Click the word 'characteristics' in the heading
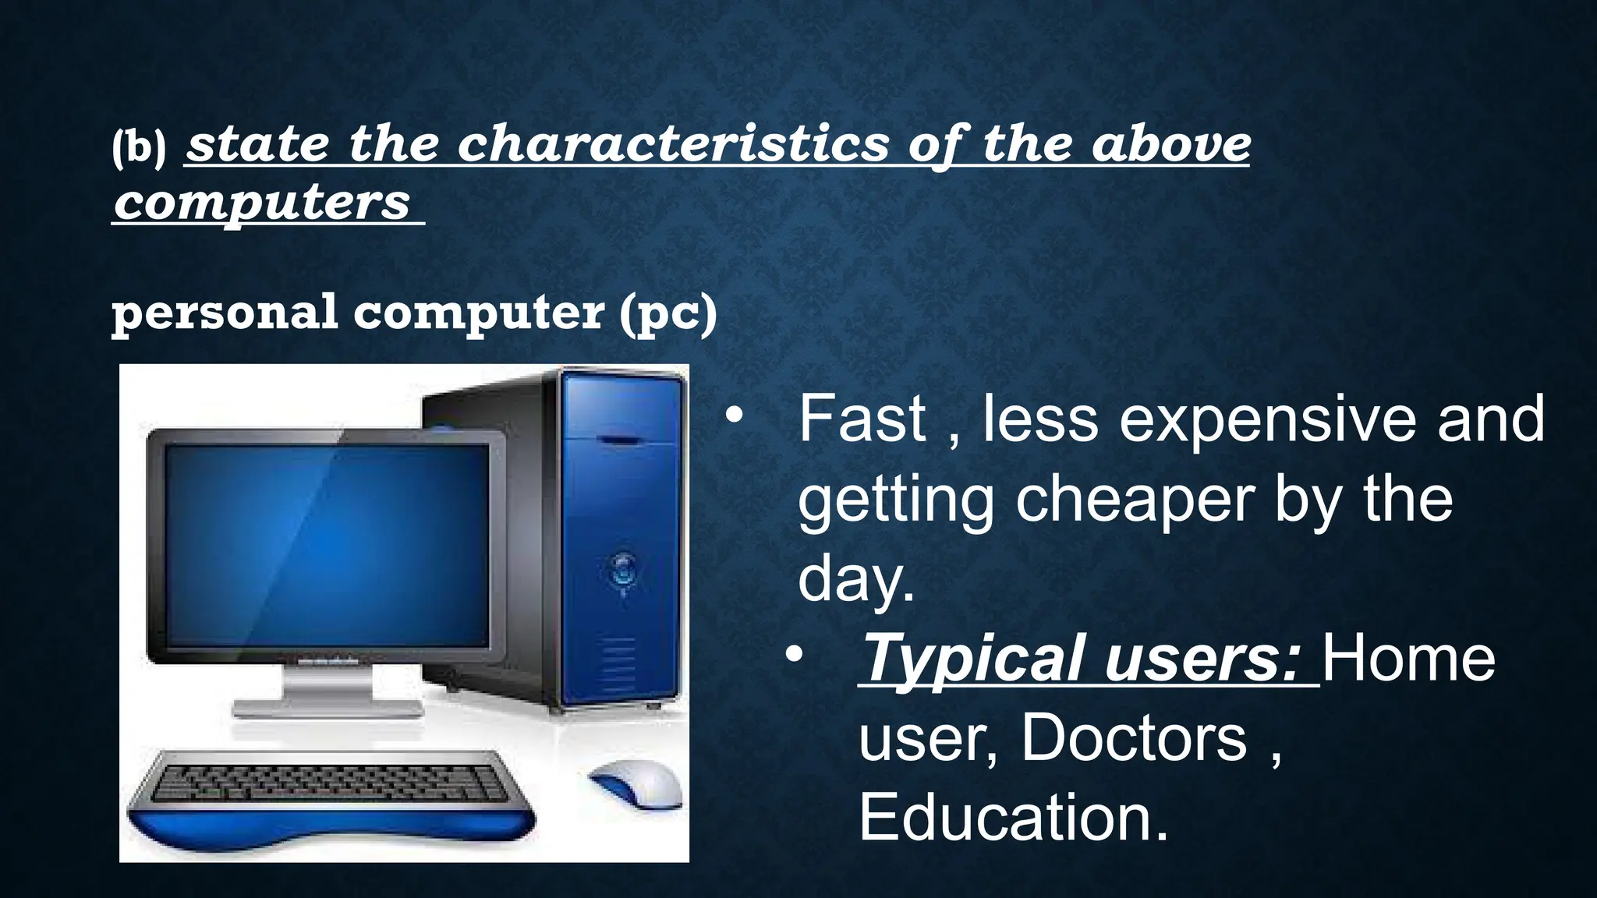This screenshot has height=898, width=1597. pyautogui.click(x=672, y=145)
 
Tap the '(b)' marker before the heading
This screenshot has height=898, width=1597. pyautogui.click(x=139, y=147)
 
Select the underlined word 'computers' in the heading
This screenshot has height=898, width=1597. pyautogui.click(x=262, y=203)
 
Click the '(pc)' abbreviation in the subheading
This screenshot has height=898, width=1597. pyautogui.click(x=668, y=313)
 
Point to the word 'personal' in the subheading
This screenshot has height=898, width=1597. pyautogui.click(x=225, y=313)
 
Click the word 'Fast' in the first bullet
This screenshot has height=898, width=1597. pyautogui.click(x=862, y=419)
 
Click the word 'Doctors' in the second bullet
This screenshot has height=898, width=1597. pyautogui.click(x=1134, y=737)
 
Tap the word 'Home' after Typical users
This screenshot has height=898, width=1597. pyautogui.click(x=1408, y=659)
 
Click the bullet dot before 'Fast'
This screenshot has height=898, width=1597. pyautogui.click(x=734, y=416)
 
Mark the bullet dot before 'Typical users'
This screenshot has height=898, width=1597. pyautogui.click(x=794, y=655)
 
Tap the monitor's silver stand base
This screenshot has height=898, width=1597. pyautogui.click(x=328, y=708)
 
